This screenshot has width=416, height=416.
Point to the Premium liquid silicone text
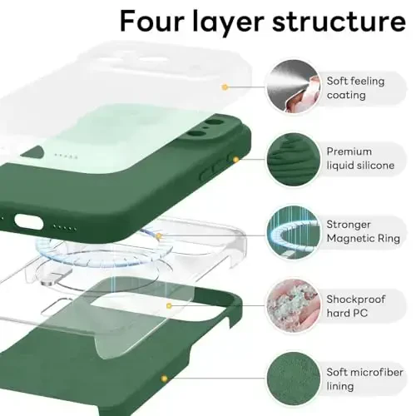point(360,159)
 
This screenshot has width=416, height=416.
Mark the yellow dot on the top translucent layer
point(225,87)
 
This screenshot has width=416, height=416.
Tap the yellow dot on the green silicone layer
point(235,158)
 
